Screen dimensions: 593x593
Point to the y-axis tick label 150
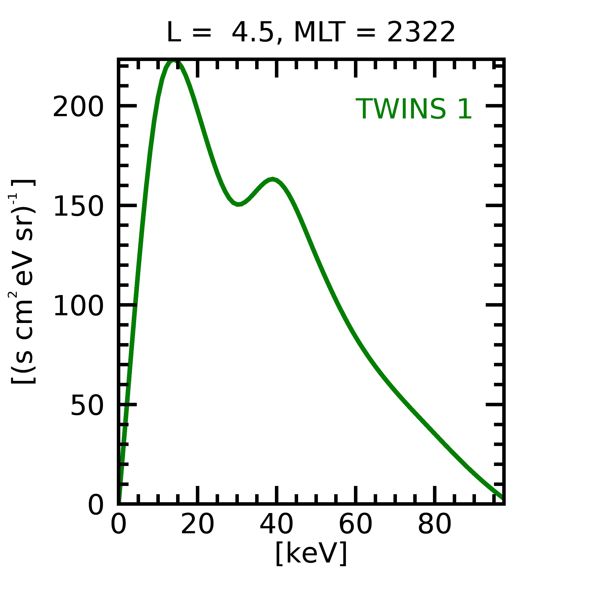tap(78, 206)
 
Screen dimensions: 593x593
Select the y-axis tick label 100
tap(78, 306)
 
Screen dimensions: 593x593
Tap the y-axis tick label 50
tap(87, 406)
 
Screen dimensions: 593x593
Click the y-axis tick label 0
tap(96, 505)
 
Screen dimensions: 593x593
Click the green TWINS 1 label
tap(413, 109)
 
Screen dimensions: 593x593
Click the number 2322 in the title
tap(421, 32)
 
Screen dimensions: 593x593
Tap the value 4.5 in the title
tap(252, 32)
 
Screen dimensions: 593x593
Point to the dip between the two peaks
tap(238, 204)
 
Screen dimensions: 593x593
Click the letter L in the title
tap(173, 32)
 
